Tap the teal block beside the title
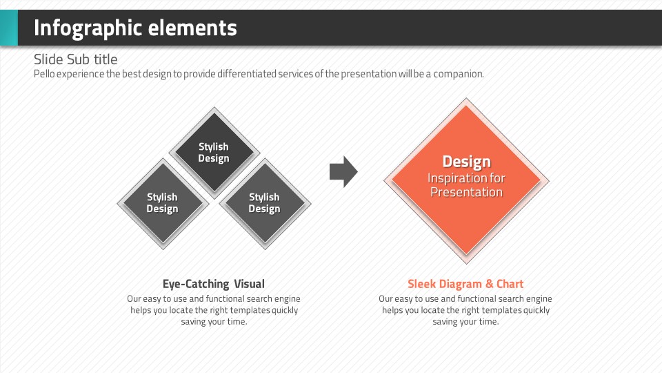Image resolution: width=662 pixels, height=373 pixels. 8,28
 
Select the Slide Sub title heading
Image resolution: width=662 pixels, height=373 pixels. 75,59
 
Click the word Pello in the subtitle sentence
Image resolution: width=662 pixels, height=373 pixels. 44,74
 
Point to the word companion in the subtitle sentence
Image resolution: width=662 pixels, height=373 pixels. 458,74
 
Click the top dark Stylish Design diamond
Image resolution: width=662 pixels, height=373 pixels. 214,153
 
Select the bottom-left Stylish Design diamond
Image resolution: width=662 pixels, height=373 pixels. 162,203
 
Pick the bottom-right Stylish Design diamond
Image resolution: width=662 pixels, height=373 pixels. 264,203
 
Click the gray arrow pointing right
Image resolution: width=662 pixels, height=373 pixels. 343,171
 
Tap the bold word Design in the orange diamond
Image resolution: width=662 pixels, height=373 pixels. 466,162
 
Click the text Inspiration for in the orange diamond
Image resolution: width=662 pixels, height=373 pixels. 466,178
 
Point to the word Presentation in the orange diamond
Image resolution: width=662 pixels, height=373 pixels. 466,192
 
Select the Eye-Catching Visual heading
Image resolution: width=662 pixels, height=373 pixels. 214,284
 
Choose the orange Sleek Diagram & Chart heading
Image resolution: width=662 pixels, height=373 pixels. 465,284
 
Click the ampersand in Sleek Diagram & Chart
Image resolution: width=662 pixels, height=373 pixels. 490,284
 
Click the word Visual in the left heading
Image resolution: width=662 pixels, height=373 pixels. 249,284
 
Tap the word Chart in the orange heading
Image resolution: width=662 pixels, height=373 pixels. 510,284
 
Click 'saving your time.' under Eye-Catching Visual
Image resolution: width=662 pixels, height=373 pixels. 214,322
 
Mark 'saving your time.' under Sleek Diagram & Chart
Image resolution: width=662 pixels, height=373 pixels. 465,322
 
